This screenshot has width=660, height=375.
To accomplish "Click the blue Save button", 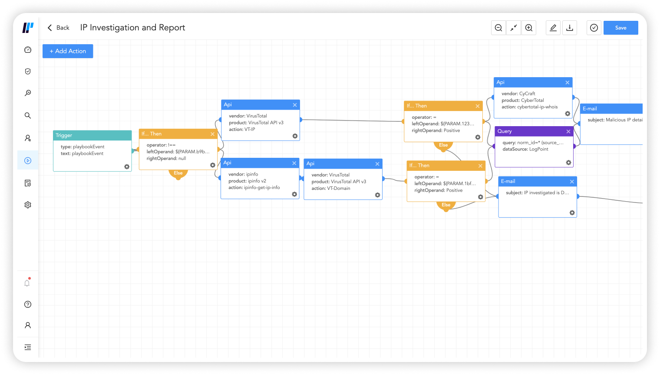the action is (x=620, y=28).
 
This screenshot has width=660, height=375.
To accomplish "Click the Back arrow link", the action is (x=58, y=28).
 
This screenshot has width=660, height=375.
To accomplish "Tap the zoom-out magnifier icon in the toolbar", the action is (x=498, y=28).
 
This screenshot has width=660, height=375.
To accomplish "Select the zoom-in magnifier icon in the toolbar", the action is (x=529, y=28).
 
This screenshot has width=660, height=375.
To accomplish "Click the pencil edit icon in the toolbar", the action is (x=553, y=28).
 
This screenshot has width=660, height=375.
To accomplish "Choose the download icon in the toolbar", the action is (x=570, y=28).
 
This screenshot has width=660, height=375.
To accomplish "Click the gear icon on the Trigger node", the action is (x=127, y=166).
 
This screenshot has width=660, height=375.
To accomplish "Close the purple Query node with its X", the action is (x=568, y=131).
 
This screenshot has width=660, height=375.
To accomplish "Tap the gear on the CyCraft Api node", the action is (x=568, y=114).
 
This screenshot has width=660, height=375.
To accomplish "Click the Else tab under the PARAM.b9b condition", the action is (x=178, y=173).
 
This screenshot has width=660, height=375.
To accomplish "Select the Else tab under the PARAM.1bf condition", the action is (x=446, y=205).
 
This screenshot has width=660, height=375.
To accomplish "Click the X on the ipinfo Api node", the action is (x=294, y=163).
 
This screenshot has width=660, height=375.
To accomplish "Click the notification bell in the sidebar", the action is (x=27, y=283).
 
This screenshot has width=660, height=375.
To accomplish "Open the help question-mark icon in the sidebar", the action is (x=28, y=304).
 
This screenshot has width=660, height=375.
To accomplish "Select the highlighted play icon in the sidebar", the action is (x=28, y=160).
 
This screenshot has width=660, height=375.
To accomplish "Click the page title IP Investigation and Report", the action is (x=132, y=28).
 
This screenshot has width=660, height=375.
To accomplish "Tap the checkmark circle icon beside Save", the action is (x=594, y=28).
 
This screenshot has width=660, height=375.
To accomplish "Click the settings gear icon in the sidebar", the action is (x=28, y=205).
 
